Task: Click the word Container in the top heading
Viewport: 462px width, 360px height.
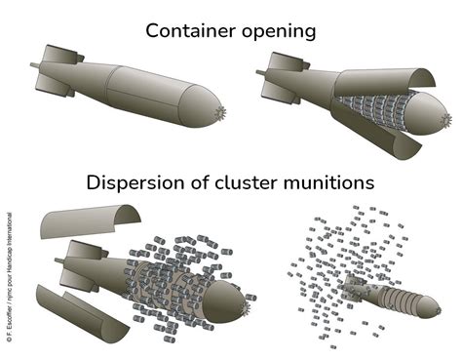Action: tap(190, 30)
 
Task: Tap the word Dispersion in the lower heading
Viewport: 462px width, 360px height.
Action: tap(135, 182)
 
